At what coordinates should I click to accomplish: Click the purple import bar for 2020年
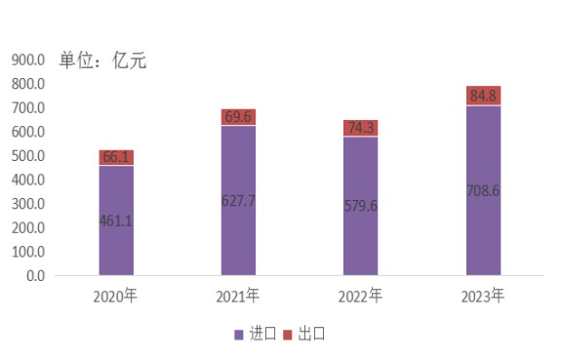[116, 220]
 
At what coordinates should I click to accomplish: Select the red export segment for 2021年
[238, 117]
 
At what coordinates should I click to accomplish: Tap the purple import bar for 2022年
[361, 206]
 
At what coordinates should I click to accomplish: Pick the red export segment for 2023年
[484, 96]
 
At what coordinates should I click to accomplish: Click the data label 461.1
[116, 220]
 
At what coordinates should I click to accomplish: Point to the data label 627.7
[238, 201]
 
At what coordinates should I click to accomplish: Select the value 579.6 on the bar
[361, 206]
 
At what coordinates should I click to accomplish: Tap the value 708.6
[483, 191]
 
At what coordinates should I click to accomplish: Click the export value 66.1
[116, 157]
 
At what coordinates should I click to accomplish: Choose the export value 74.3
[361, 128]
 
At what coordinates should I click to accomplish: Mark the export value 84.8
[483, 96]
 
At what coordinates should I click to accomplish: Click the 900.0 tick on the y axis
[28, 60]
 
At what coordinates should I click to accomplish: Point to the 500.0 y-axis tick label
[28, 156]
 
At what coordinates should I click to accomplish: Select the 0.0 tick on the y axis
[35, 276]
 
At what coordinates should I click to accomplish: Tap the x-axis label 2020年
[115, 297]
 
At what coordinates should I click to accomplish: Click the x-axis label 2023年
[483, 297]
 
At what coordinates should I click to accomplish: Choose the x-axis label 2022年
[360, 297]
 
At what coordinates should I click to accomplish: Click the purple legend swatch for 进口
[239, 335]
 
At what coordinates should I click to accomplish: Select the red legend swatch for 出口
[288, 335]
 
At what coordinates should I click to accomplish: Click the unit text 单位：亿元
[102, 60]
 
